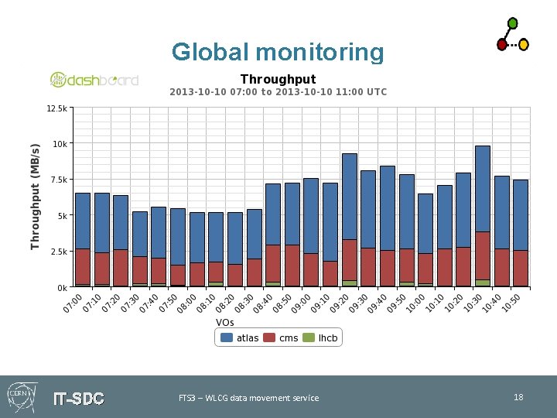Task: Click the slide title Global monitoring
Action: [x=278, y=52]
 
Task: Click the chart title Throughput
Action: [x=278, y=79]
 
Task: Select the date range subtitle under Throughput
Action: [x=278, y=92]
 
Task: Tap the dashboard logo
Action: [x=94, y=79]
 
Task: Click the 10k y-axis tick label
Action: [x=60, y=144]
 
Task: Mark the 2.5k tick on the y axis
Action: [x=59, y=252]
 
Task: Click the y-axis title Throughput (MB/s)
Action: [x=35, y=197]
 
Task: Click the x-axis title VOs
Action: [x=225, y=321]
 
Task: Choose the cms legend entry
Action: [x=282, y=337]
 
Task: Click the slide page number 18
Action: [x=518, y=397]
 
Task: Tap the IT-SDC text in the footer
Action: [x=78, y=399]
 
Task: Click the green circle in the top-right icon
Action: [x=512, y=23]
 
